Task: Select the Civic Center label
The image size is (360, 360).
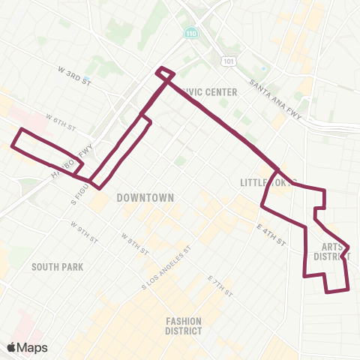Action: pyautogui.click(x=209, y=92)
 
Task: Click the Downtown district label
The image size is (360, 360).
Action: pyautogui.click(x=145, y=198)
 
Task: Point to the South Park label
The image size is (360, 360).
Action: pyautogui.click(x=57, y=266)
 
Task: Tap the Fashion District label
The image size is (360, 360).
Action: pyautogui.click(x=184, y=325)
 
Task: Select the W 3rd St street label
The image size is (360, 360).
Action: pyautogui.click(x=73, y=73)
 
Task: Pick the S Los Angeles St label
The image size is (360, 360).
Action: pyautogui.click(x=166, y=267)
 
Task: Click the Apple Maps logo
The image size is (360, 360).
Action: pyautogui.click(x=27, y=347)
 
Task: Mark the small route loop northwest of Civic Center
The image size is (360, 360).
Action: pyautogui.click(x=165, y=73)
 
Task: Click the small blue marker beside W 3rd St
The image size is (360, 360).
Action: pyautogui.click(x=87, y=79)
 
